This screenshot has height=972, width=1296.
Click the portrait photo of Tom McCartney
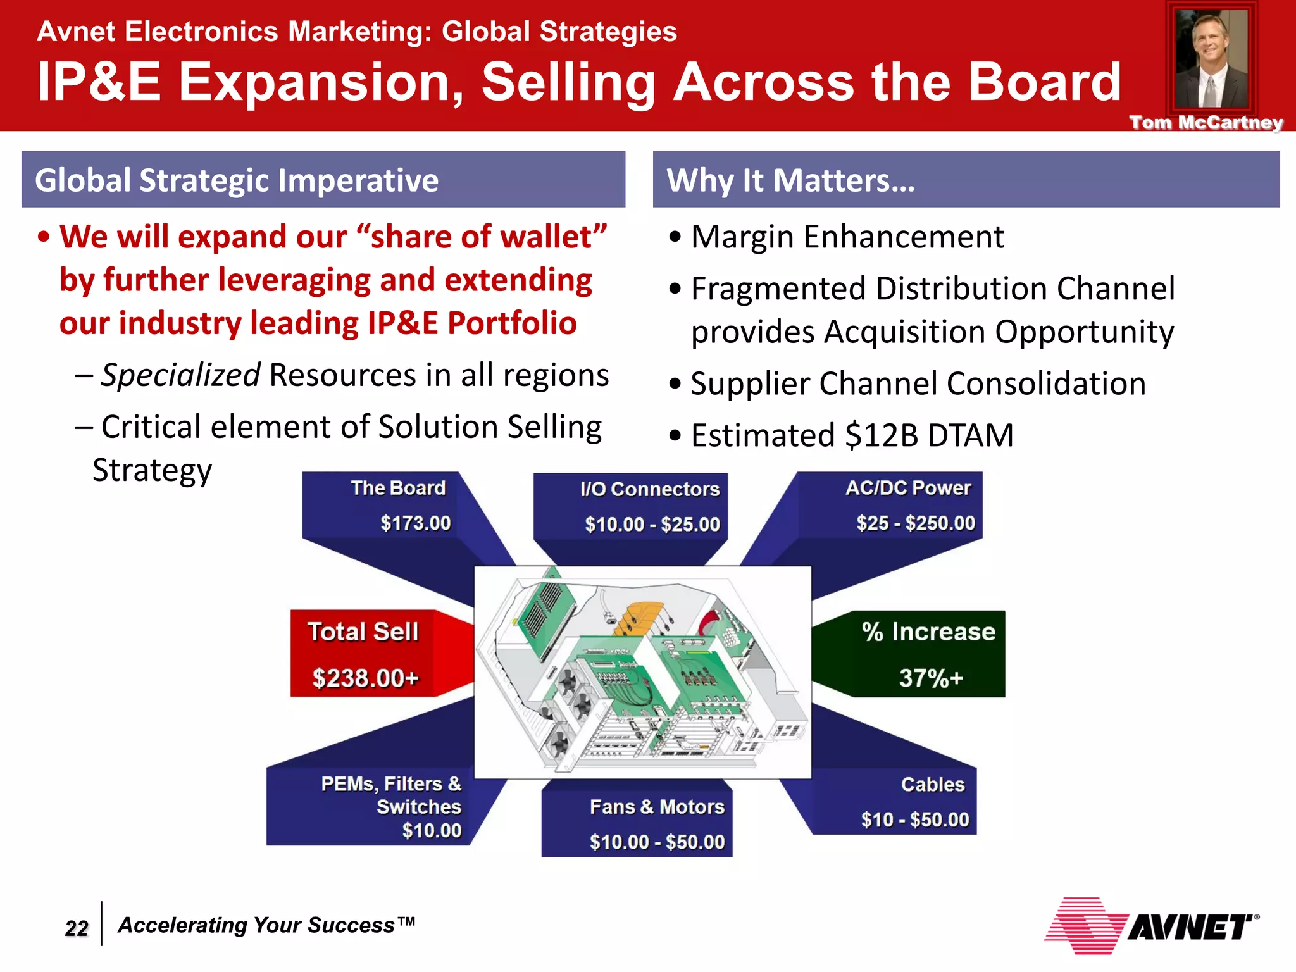point(1211,60)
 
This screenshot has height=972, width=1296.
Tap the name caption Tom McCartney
point(1206,122)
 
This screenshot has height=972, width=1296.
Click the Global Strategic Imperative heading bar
point(323,180)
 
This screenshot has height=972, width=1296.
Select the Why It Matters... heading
point(791,180)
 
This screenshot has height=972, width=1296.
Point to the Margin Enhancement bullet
point(847,237)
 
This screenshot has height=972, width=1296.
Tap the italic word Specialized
point(180,375)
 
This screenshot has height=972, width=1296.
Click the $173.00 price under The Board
point(415,523)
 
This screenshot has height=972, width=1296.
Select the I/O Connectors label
point(650,489)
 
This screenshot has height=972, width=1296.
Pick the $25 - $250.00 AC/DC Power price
point(915,523)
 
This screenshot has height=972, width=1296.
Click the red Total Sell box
point(364,654)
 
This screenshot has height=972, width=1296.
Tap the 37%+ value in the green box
point(930,678)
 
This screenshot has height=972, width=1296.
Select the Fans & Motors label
point(657,807)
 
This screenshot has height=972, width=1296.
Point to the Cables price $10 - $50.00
point(914,819)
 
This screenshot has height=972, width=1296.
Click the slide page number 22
point(77,928)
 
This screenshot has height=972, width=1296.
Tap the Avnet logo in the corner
point(1151,926)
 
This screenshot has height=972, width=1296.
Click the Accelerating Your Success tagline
point(266,925)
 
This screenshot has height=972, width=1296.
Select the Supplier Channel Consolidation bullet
point(918,384)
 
